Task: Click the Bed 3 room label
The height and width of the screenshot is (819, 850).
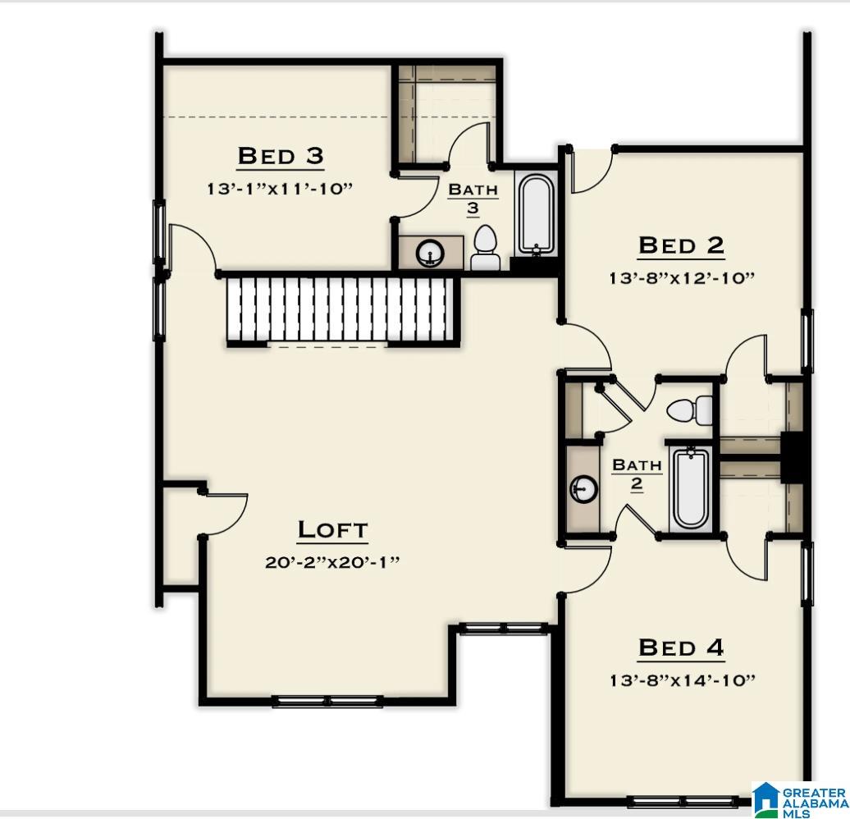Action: pos(280,155)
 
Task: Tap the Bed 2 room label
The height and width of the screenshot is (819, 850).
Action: pos(681,245)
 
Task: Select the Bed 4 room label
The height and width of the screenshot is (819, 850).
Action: pos(681,647)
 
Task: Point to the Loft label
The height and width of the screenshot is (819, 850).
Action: pos(332,529)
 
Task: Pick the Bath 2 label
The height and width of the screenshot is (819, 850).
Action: pos(637,474)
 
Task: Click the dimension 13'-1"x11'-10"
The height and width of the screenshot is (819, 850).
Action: pos(280,188)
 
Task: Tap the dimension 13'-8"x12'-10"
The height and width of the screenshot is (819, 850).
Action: pos(681,277)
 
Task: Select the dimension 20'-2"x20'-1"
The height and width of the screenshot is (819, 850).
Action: pos(332,562)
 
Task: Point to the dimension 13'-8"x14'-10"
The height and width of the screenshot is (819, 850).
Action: pos(681,679)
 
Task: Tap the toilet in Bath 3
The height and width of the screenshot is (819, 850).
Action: pos(485,249)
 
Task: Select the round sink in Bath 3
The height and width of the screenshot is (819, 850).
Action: pos(430,253)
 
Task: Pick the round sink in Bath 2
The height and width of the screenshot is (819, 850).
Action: pos(583,490)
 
